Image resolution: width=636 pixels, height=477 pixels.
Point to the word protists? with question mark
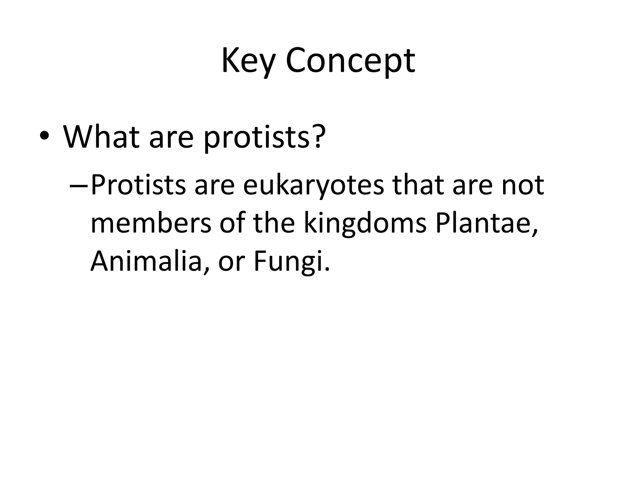pyautogui.click(x=264, y=137)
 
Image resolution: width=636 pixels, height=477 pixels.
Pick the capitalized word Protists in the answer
pyautogui.click(x=138, y=185)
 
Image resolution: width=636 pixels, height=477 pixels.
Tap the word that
pyautogui.click(x=418, y=185)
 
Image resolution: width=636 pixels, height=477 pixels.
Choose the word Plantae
pyautogui.click(x=486, y=224)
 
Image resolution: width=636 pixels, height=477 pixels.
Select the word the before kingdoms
pyautogui.click(x=274, y=224)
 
